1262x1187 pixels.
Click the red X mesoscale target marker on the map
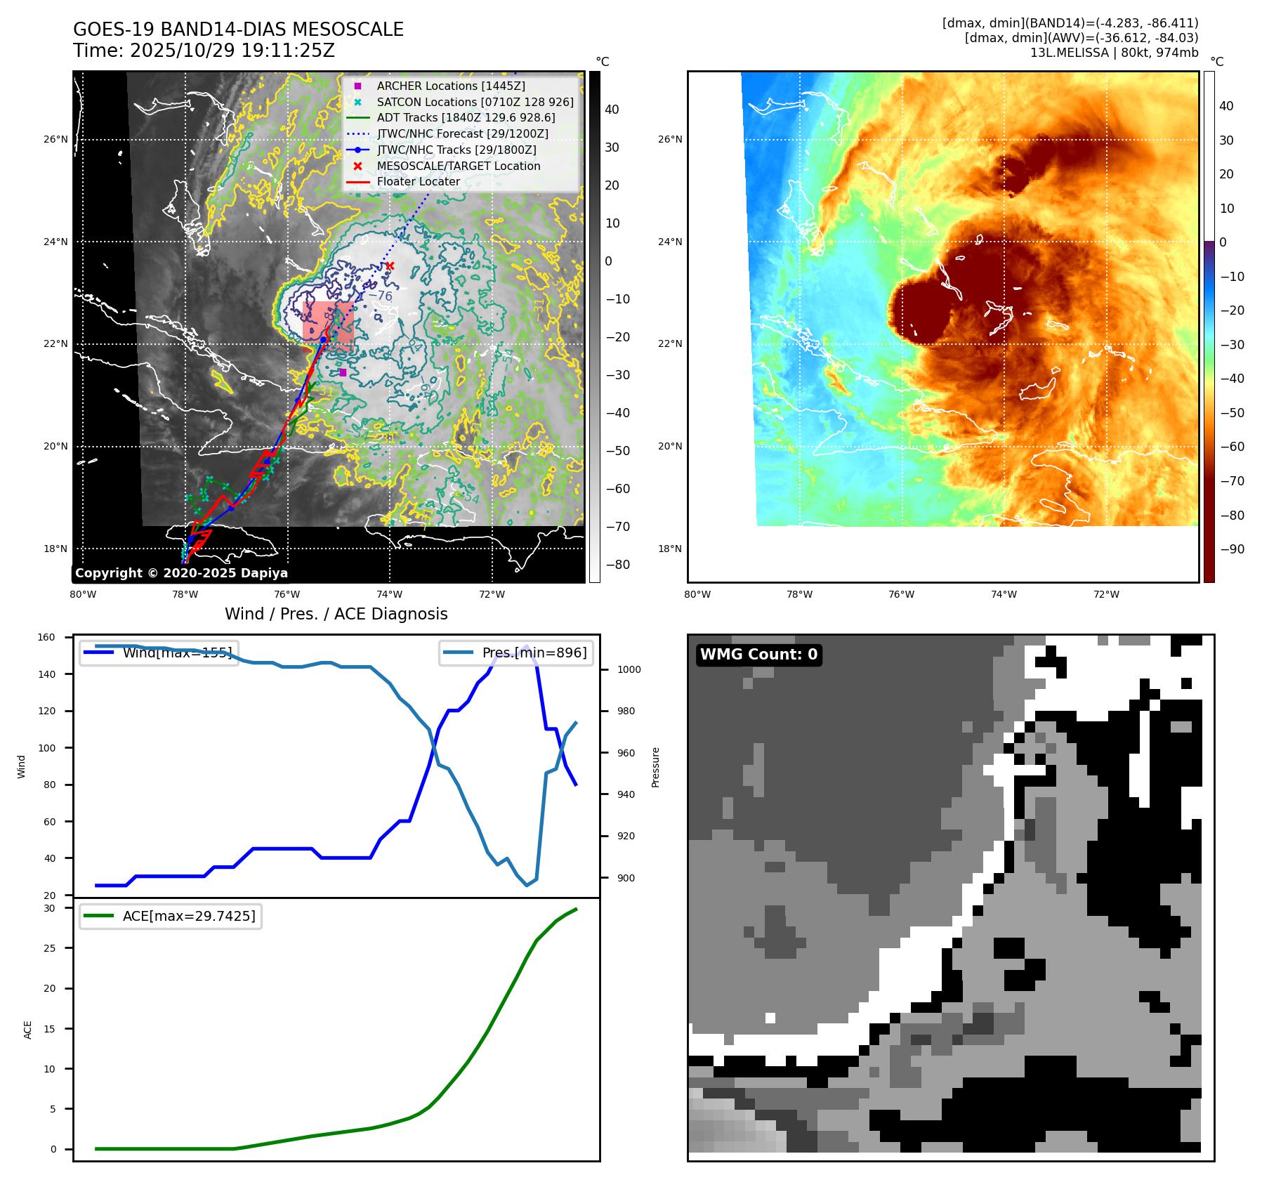[390, 265]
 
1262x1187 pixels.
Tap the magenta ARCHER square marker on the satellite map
[343, 372]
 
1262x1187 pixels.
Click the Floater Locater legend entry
[418, 181]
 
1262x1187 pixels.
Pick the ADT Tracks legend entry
[466, 118]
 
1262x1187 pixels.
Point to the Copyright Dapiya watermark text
[181, 573]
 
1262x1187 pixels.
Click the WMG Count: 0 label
[758, 655]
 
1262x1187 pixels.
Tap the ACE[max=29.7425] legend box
[171, 916]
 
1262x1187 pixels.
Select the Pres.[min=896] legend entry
[516, 652]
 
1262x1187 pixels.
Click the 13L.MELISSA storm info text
[1114, 53]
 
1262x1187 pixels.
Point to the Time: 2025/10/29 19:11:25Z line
[204, 51]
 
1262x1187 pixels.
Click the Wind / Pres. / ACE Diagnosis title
[336, 614]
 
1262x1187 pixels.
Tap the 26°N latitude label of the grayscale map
[55, 139]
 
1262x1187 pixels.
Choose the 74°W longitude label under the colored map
[1004, 594]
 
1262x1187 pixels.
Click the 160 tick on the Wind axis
[46, 638]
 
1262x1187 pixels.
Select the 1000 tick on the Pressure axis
[629, 669]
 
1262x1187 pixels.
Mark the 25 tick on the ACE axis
[49, 948]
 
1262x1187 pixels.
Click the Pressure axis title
[655, 767]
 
